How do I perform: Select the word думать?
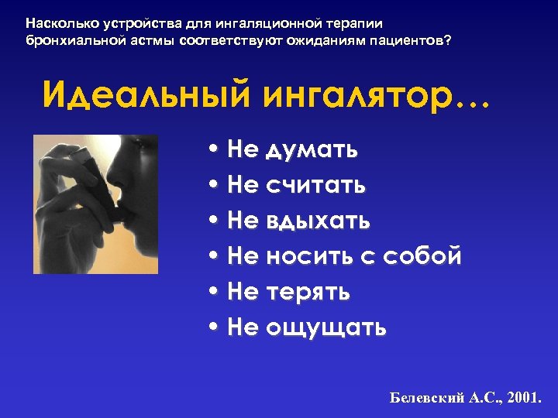[312, 150]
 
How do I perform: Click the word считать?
[315, 186]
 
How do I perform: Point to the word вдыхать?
[318, 221]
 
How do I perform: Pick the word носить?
[309, 257]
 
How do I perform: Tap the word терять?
[308, 292]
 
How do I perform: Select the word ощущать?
[325, 328]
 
